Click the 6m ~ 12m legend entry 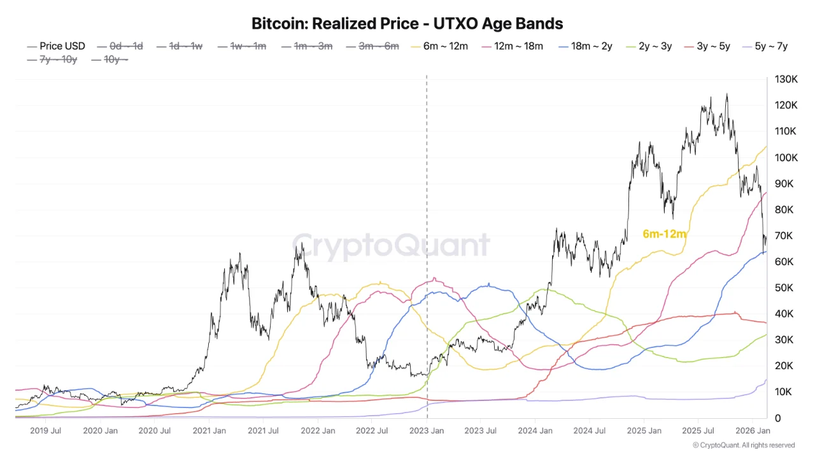tap(445, 46)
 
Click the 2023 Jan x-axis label tap(427, 432)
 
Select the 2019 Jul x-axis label tap(45, 432)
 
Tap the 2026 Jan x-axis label tap(754, 432)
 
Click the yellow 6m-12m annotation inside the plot tap(664, 234)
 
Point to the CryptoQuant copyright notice tap(743, 445)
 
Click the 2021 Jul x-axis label tap(264, 432)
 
